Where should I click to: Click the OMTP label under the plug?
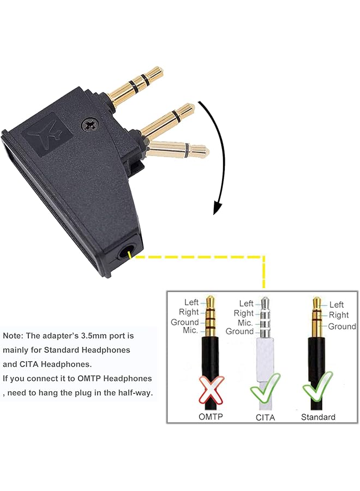point(211,417)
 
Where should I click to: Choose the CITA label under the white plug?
point(265,417)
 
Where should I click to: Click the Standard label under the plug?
point(318,417)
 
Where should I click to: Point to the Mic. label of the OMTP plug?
point(190,331)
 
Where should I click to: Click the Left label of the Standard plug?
point(337,304)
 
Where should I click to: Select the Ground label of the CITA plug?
point(239,331)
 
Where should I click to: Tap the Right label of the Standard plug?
point(338,315)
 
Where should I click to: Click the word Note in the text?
point(13,336)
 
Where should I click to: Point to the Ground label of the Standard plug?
point(342,326)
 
